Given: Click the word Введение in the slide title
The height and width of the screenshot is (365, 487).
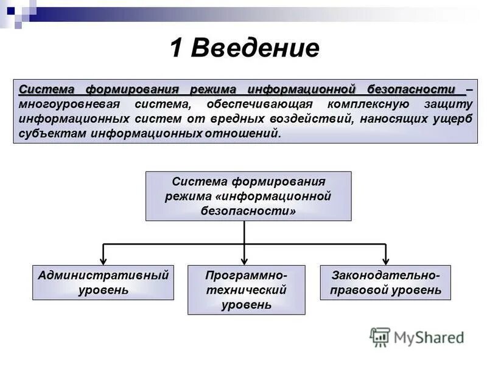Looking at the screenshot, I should tap(256, 49).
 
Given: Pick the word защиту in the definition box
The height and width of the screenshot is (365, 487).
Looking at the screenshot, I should tap(450, 104).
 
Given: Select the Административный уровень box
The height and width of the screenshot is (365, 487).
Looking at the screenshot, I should tap(103, 282).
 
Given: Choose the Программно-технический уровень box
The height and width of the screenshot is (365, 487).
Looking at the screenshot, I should tap(246, 290).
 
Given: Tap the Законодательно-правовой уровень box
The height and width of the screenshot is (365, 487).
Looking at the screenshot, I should tap(385, 282).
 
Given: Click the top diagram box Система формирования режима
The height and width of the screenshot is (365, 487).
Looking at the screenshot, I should tap(248, 196).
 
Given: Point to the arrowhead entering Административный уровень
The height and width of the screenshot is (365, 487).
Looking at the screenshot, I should tap(103, 260).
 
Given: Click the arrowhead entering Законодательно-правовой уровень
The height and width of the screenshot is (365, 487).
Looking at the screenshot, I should tap(386, 260).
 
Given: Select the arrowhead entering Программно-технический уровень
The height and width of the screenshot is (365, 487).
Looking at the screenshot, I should tap(244, 260).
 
